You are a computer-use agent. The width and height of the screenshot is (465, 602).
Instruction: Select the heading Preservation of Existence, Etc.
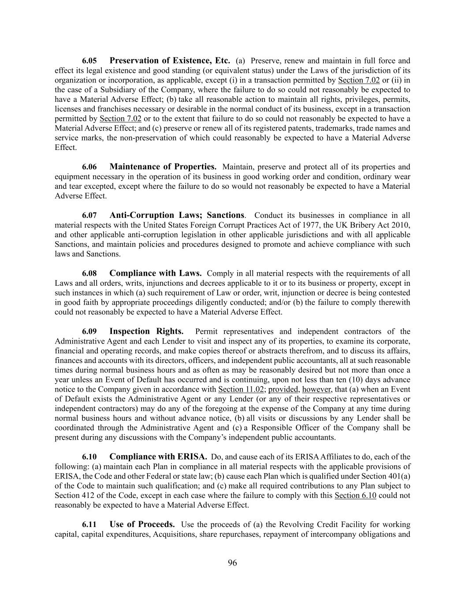tap(170, 60)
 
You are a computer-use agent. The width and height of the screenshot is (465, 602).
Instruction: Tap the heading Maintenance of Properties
tap(163, 167)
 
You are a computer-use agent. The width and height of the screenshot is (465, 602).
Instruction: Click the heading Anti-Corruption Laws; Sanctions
tap(177, 215)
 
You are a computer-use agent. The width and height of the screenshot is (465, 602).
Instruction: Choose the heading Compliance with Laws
tap(156, 273)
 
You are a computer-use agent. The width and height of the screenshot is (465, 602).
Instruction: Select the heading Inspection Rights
tap(146, 332)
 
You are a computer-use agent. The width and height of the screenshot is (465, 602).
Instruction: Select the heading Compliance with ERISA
tap(158, 457)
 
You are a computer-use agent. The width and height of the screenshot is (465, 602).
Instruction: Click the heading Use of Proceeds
tap(142, 525)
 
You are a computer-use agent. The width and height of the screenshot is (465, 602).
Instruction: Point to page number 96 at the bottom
tap(232, 563)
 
